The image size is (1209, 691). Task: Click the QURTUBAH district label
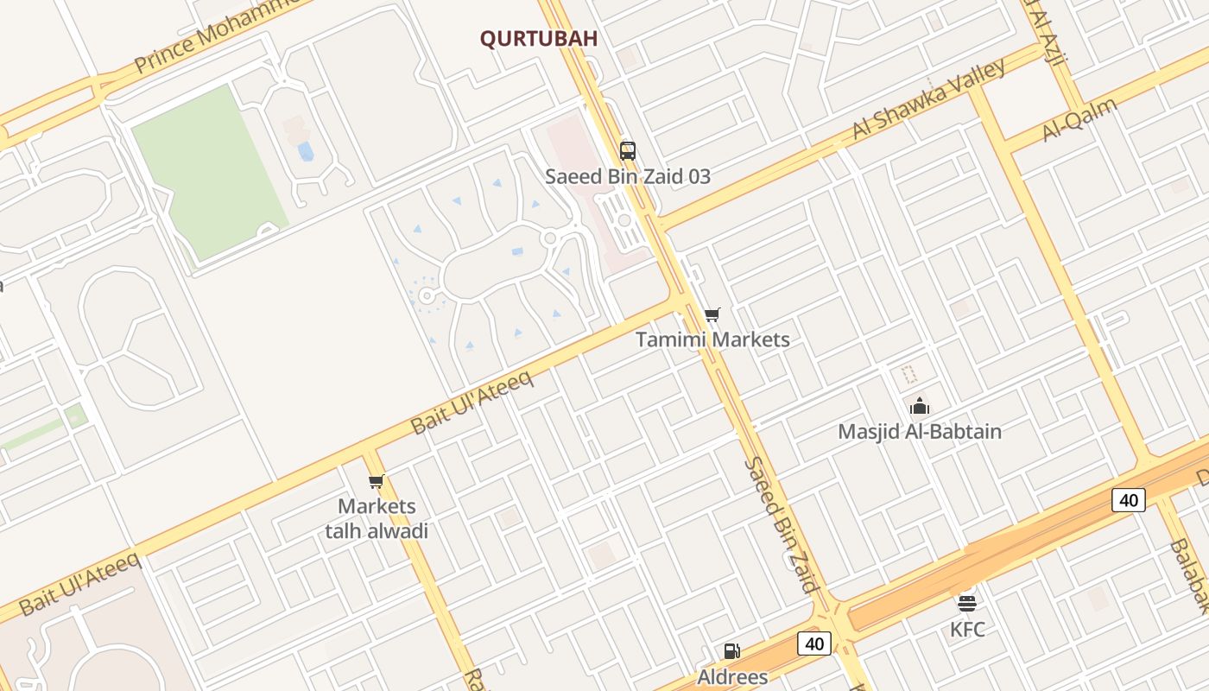pos(539,39)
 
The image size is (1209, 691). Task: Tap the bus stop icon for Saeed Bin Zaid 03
pos(628,150)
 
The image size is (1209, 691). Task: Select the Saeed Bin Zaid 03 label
pos(628,176)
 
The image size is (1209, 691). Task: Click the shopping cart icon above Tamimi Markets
pos(712,314)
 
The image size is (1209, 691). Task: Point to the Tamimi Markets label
pos(712,339)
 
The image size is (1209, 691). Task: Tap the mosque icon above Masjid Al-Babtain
pos(919,405)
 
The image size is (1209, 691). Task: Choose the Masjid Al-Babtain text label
pos(920,431)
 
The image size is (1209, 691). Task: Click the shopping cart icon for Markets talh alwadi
pos(376,481)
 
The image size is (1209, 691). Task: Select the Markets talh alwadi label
pos(377,518)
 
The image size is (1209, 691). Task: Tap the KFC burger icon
pos(966,603)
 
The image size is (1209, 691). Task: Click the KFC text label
pos(967,630)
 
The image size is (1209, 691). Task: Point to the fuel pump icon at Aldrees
pos(731,651)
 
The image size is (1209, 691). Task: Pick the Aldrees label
pos(732,676)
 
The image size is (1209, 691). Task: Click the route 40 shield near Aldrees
pos(813,643)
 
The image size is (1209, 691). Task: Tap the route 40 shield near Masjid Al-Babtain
pos(1128,499)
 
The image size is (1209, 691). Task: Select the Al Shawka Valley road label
pos(929,98)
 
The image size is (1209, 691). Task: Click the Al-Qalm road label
pos(1079,119)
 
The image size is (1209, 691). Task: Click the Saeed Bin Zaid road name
pos(781,525)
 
